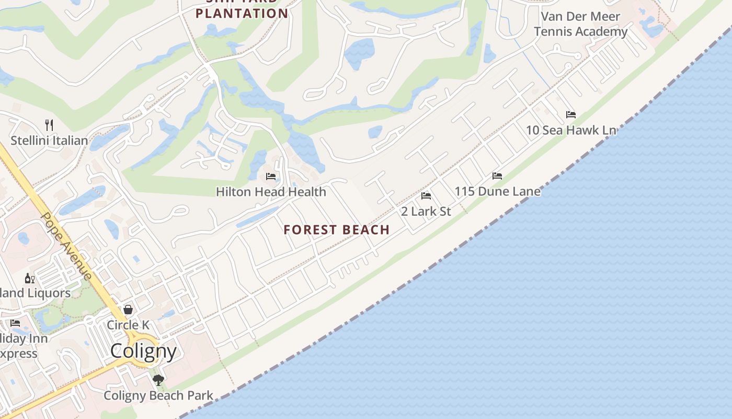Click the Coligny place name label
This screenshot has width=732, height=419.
pyautogui.click(x=143, y=351)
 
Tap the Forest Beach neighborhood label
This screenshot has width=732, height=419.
pyautogui.click(x=337, y=229)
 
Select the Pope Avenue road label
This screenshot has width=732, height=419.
pyautogui.click(x=66, y=246)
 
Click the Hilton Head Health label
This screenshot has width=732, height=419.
pyautogui.click(x=271, y=192)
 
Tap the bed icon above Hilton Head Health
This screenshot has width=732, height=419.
pyautogui.click(x=271, y=177)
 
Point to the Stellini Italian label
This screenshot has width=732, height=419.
pyautogui.click(x=49, y=140)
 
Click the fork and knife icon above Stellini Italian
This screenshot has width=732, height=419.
pyautogui.click(x=49, y=125)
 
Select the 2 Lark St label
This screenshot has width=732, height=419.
pyautogui.click(x=426, y=211)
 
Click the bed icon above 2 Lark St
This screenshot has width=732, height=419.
pyautogui.click(x=426, y=196)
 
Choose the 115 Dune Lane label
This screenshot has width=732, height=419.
pyautogui.click(x=497, y=191)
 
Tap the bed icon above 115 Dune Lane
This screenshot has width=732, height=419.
pyautogui.click(x=497, y=176)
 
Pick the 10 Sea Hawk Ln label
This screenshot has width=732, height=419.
pyautogui.click(x=571, y=130)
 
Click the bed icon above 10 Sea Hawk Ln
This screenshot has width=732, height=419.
pyautogui.click(x=571, y=115)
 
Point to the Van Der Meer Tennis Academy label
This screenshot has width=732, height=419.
pyautogui.click(x=580, y=24)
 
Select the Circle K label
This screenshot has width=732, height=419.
pyautogui.click(x=128, y=325)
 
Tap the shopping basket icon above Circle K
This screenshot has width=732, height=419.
pyautogui.click(x=128, y=310)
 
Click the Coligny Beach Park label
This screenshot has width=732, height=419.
pyautogui.click(x=158, y=395)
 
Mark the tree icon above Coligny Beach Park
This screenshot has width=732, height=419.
pyautogui.click(x=158, y=380)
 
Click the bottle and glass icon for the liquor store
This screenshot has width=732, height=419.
pyautogui.click(x=30, y=278)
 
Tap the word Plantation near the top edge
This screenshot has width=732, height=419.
pyautogui.click(x=242, y=14)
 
